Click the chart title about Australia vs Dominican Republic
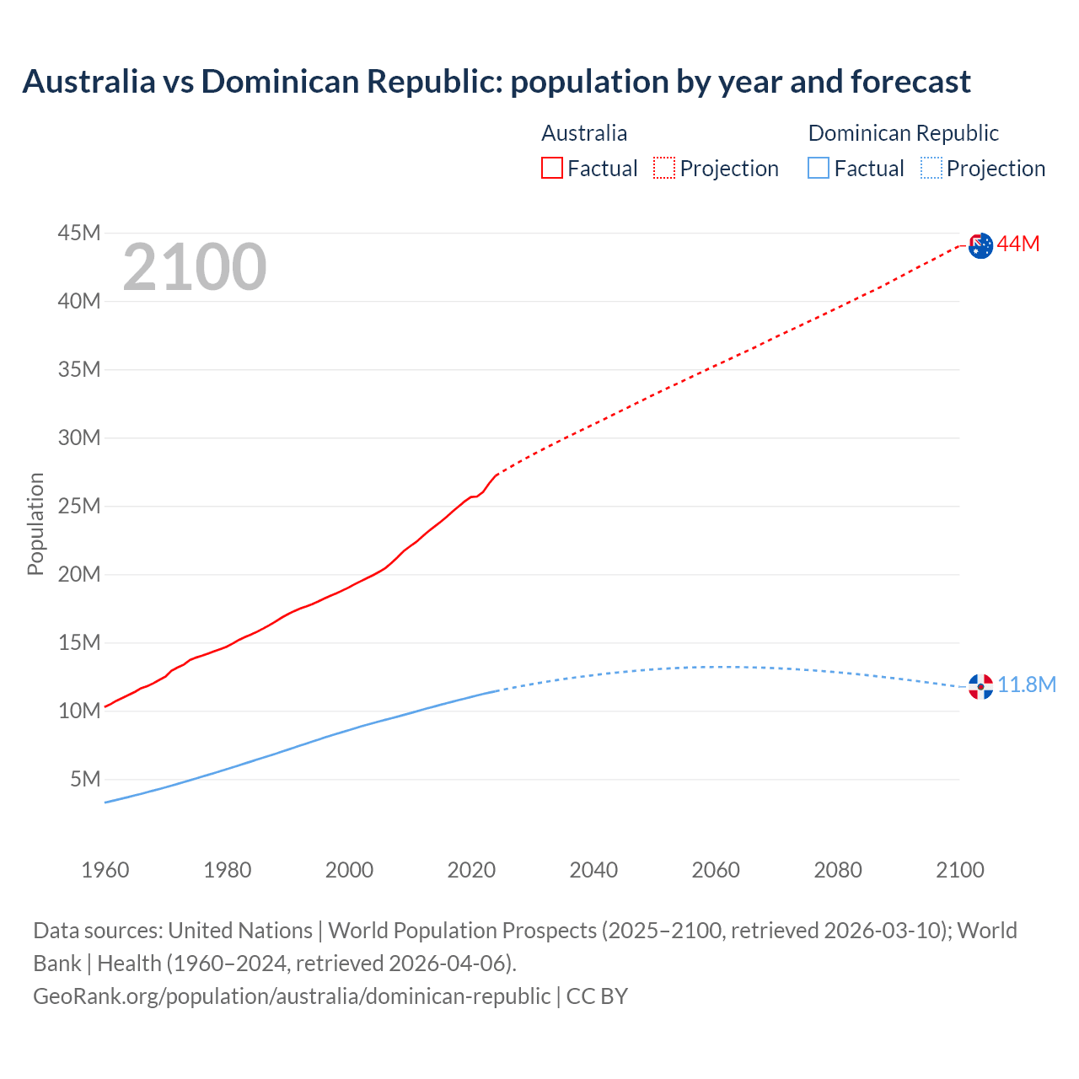pyautogui.click(x=497, y=82)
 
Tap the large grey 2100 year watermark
pyautogui.click(x=195, y=267)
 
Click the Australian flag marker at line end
pyautogui.click(x=980, y=246)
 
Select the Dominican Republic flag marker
pyautogui.click(x=980, y=686)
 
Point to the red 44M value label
pyautogui.click(x=1018, y=244)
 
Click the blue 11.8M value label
pyautogui.click(x=1027, y=684)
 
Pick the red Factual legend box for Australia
pyautogui.click(x=552, y=168)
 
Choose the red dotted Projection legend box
pyautogui.click(x=664, y=168)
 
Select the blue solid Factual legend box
pyautogui.click(x=819, y=168)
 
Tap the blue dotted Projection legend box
pyautogui.click(x=931, y=168)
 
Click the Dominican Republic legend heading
pyautogui.click(x=903, y=133)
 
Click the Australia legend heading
pyautogui.click(x=584, y=133)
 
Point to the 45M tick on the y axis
pyautogui.click(x=79, y=233)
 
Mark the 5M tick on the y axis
pyautogui.click(x=85, y=779)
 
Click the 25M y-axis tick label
pyautogui.click(x=79, y=506)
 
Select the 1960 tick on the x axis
pyautogui.click(x=105, y=870)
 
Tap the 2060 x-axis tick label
pyautogui.click(x=716, y=870)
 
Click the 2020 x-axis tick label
pyautogui.click(x=471, y=870)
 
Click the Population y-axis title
pyautogui.click(x=35, y=523)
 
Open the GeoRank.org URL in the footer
pyautogui.click(x=292, y=996)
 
